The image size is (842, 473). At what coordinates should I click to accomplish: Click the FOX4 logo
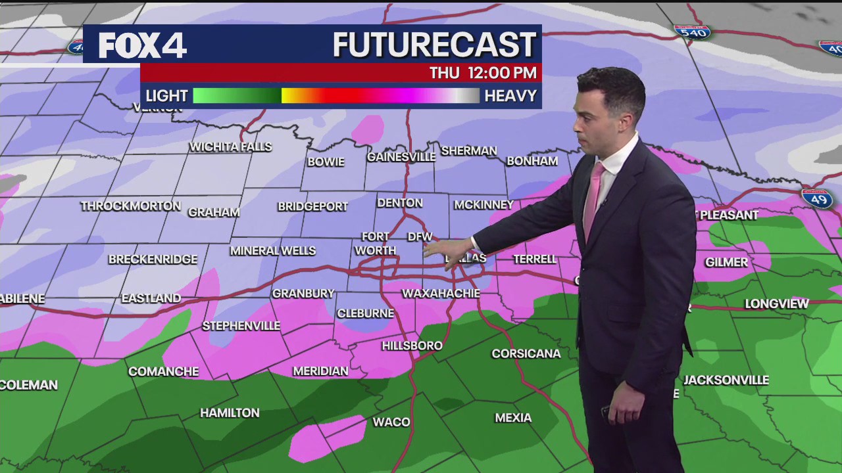click(x=143, y=45)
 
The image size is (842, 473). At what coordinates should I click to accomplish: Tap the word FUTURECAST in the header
click(x=434, y=45)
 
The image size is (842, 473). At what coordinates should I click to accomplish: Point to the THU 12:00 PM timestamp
click(x=483, y=73)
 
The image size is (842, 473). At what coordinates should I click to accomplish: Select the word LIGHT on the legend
click(x=166, y=96)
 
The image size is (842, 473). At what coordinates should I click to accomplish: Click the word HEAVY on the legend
click(x=510, y=96)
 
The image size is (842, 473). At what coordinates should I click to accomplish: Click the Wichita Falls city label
click(x=230, y=146)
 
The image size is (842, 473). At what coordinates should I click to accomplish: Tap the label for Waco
click(x=391, y=422)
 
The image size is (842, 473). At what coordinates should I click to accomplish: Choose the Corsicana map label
click(x=526, y=353)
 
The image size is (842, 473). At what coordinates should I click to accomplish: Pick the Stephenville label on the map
click(x=241, y=326)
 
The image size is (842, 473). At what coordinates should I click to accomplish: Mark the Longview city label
click(x=777, y=304)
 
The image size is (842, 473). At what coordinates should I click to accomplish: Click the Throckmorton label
click(x=130, y=206)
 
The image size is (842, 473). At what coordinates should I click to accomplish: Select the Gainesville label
click(x=401, y=157)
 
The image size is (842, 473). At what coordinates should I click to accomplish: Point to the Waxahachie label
click(x=441, y=293)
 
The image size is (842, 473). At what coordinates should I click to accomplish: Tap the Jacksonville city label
click(x=726, y=380)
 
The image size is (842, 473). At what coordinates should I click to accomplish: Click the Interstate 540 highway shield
click(x=692, y=32)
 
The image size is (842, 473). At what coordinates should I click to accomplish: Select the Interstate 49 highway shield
click(x=817, y=198)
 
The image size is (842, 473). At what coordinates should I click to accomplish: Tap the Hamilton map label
click(x=230, y=413)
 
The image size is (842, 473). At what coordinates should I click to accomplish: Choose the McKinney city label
click(x=483, y=204)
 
